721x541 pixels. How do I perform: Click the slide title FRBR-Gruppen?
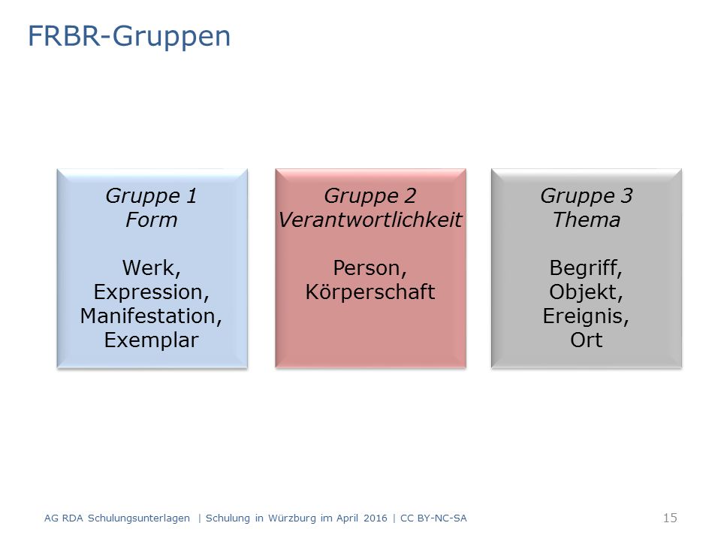pyautogui.click(x=129, y=37)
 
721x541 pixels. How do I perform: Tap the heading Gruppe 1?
pyautogui.click(x=151, y=196)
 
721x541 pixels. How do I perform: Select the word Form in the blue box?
pyautogui.click(x=151, y=220)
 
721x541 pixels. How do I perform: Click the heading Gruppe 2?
pyautogui.click(x=370, y=196)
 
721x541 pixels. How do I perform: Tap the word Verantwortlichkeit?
pyautogui.click(x=370, y=220)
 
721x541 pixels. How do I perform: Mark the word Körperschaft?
pyautogui.click(x=370, y=292)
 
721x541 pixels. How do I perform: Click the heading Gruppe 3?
pyautogui.click(x=587, y=196)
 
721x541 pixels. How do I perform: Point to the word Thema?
pyautogui.click(x=587, y=220)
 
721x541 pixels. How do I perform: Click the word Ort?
pyautogui.click(x=587, y=340)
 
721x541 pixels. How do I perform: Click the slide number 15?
pyautogui.click(x=670, y=518)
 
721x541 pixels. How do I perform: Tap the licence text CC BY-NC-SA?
pyautogui.click(x=433, y=518)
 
